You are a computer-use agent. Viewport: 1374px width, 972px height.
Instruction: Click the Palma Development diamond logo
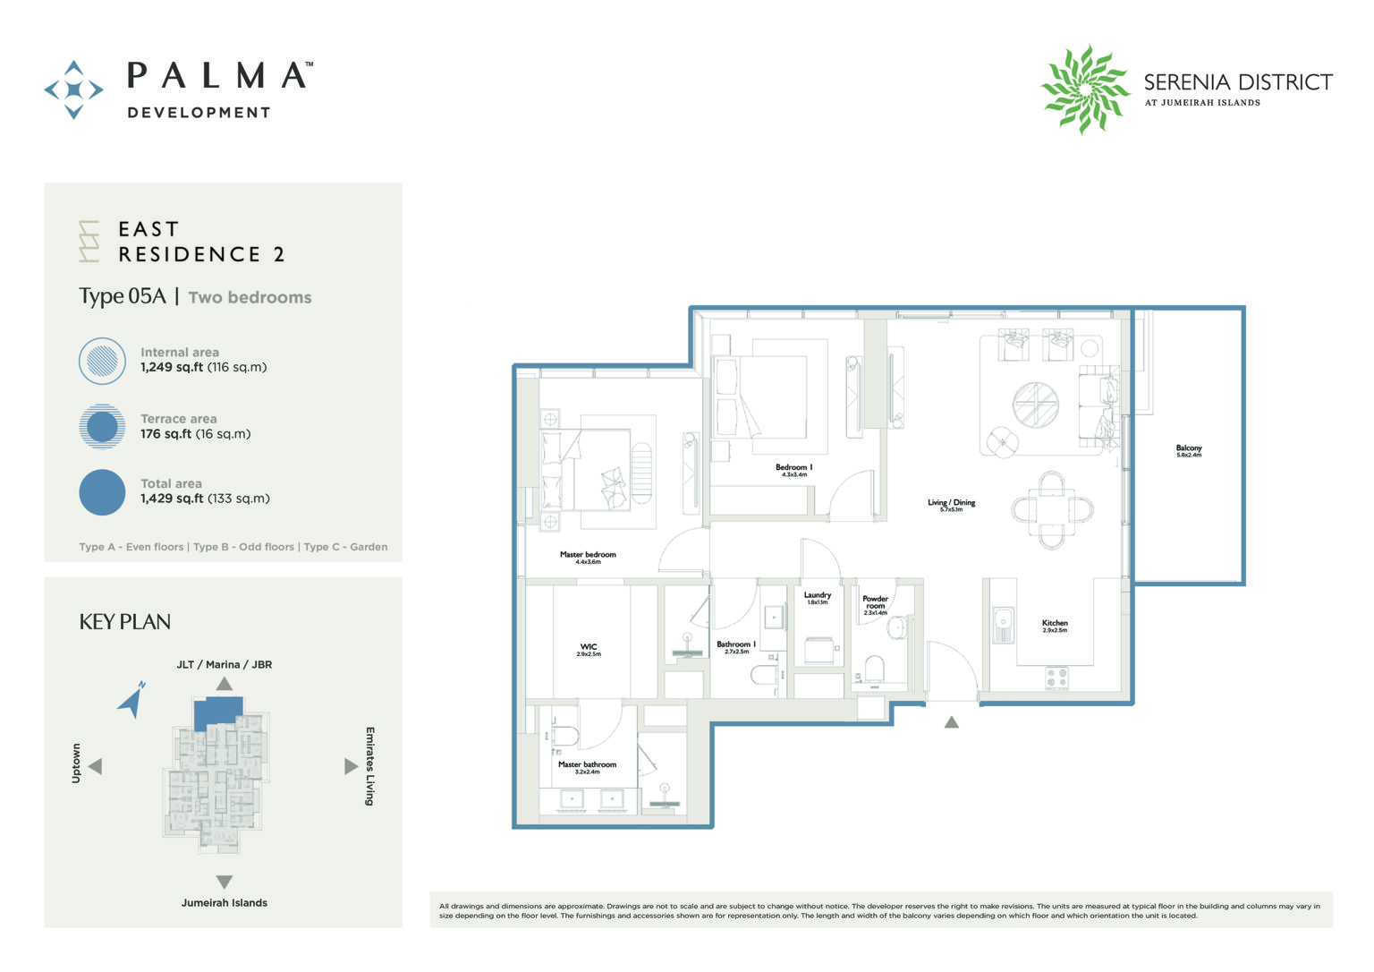coord(73,90)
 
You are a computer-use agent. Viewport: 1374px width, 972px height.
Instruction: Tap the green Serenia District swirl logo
coord(1084,90)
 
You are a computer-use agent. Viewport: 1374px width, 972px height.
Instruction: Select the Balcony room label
coord(1188,450)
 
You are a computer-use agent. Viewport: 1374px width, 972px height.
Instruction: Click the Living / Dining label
coord(951,505)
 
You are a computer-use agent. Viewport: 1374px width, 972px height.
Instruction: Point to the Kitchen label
coord(1054,625)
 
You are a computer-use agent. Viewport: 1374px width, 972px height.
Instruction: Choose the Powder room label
coord(875,604)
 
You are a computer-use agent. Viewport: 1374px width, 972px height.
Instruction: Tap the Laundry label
coord(817,597)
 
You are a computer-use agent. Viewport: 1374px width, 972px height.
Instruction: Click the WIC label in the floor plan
coord(588,649)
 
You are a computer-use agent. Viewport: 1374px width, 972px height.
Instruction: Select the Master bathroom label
coord(587,767)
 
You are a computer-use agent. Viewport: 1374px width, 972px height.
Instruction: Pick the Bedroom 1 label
coord(793,470)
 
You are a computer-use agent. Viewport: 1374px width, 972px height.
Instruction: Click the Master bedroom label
coord(588,557)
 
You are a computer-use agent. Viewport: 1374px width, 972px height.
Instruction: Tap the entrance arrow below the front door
coord(952,722)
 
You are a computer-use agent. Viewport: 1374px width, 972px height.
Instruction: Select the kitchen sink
coord(1003,624)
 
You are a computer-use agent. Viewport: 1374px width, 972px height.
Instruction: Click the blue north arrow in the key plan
coord(132,700)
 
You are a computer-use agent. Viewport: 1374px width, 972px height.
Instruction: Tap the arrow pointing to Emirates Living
coord(351,766)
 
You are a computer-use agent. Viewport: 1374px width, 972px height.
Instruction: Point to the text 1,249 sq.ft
coord(171,367)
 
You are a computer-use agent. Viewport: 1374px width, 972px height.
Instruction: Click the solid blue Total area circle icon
coord(102,492)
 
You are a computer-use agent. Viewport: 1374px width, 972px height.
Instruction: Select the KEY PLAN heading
coord(124,622)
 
